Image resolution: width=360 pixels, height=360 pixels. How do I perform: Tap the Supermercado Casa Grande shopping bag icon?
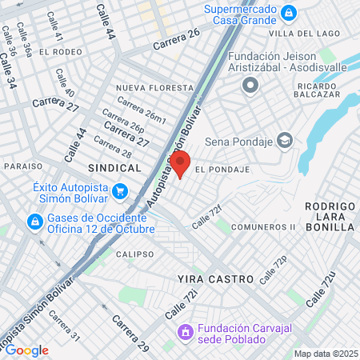tap(289, 13)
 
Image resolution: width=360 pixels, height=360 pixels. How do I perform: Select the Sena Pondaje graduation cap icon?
tap(285, 141)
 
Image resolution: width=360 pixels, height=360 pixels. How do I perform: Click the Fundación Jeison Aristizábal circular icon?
tap(250, 84)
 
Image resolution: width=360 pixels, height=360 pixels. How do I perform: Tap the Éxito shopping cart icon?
tap(120, 190)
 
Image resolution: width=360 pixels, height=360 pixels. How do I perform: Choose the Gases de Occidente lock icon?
tap(35, 221)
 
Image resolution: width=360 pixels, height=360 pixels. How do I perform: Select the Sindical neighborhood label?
tap(114, 168)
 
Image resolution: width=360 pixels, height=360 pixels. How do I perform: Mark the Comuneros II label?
tap(262, 227)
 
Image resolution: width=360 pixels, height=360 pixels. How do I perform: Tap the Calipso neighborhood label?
tap(134, 254)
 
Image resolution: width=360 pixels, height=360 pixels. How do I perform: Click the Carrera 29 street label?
tap(130, 334)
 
